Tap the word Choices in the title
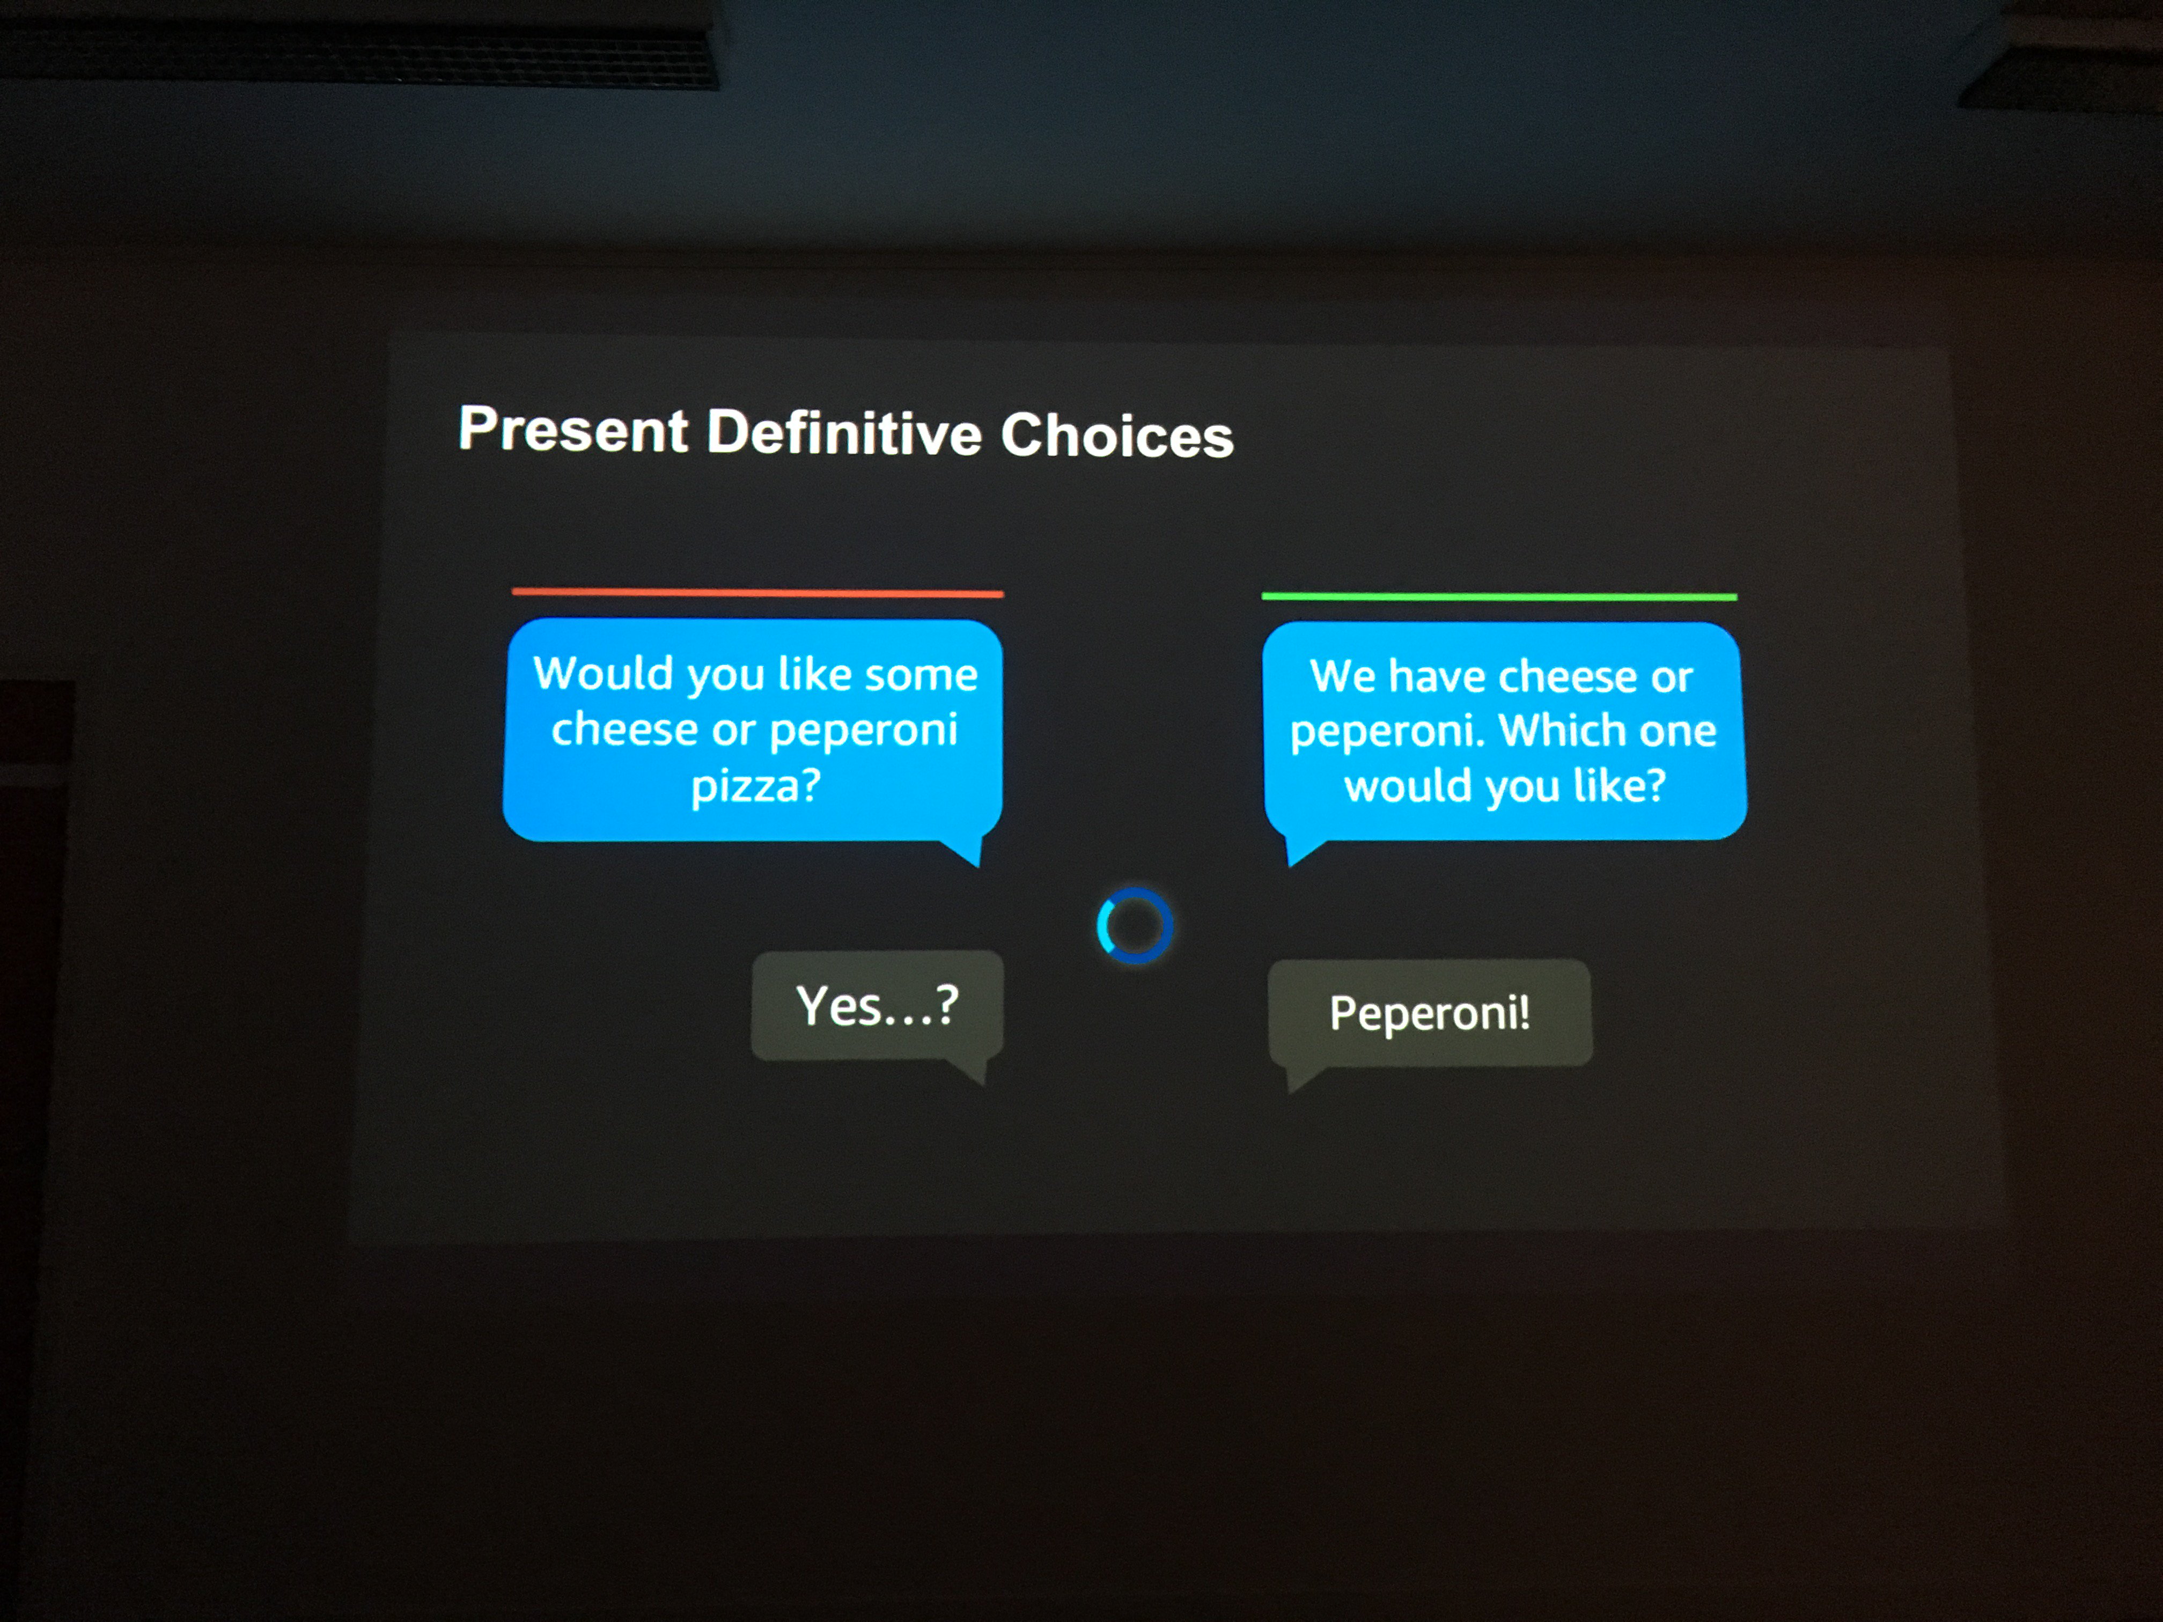pyautogui.click(x=1117, y=435)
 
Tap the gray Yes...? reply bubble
pyautogui.click(x=877, y=1007)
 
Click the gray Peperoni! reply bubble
pyautogui.click(x=1430, y=1014)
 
